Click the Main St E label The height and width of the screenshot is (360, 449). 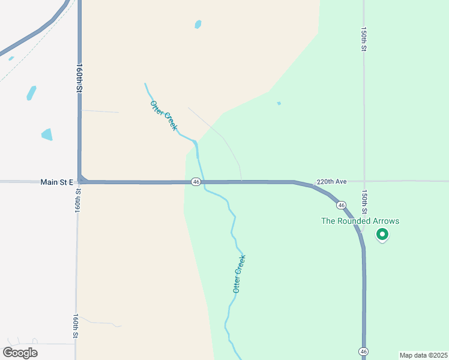point(56,182)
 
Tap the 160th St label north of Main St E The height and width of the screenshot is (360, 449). point(79,77)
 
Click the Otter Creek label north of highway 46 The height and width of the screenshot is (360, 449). point(164,116)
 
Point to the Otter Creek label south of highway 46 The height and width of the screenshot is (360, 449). point(239,274)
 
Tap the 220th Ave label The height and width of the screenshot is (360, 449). point(332,181)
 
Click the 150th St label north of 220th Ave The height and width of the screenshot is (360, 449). point(364,38)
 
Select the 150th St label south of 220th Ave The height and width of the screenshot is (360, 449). point(364,202)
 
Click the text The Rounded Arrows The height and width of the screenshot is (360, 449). point(360,221)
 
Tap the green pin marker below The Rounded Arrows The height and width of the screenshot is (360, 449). point(382,235)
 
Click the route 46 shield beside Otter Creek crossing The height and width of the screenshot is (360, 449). point(196,182)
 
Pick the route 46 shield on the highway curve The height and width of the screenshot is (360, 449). point(341,205)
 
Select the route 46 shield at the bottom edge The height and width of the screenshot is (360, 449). point(363,350)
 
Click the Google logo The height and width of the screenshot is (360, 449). point(20,353)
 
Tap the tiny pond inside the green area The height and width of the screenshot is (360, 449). point(279,103)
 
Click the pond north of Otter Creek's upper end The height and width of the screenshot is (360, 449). point(198,25)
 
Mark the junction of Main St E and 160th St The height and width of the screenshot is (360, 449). point(80,181)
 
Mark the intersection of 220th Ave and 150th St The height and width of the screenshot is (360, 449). point(364,181)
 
